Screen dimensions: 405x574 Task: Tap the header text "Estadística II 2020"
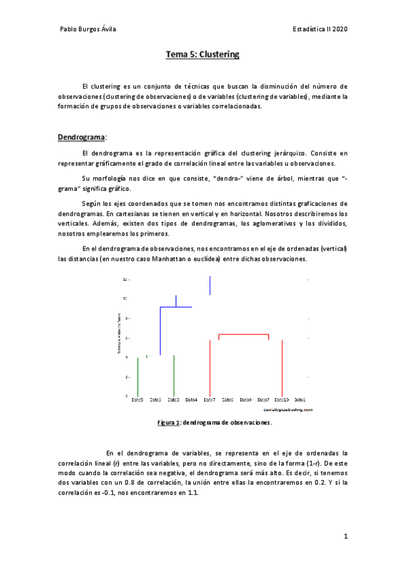320,29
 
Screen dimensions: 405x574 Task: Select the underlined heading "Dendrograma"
78,137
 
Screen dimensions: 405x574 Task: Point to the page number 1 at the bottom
345,537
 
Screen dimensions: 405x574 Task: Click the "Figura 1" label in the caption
168,422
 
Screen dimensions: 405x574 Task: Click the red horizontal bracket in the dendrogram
243,334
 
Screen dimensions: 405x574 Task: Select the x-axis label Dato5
137,400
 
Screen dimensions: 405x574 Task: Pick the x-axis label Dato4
191,400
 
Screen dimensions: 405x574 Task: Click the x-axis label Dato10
282,400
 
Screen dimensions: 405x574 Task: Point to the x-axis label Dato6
228,400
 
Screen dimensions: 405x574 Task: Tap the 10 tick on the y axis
125,298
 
